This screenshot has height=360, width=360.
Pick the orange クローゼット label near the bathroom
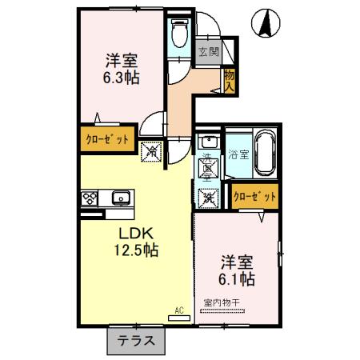pos(255,195)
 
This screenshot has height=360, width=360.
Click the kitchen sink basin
pos(122,197)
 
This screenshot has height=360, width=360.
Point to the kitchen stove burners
pos(89,197)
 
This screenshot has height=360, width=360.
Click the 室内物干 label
pos(227,302)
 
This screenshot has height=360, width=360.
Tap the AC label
pos(180,308)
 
